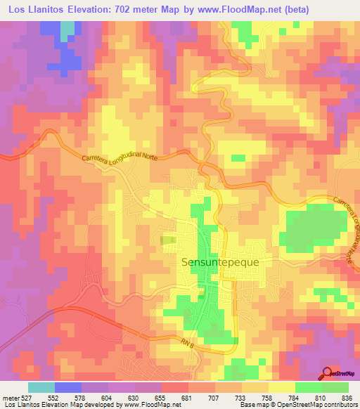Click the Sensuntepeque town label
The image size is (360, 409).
[220, 262]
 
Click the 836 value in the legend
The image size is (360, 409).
[347, 397]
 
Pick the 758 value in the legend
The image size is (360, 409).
[268, 397]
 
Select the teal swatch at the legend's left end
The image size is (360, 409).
[41, 387]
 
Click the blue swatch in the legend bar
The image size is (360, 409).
[68, 387]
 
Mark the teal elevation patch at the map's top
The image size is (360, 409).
[67, 30]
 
